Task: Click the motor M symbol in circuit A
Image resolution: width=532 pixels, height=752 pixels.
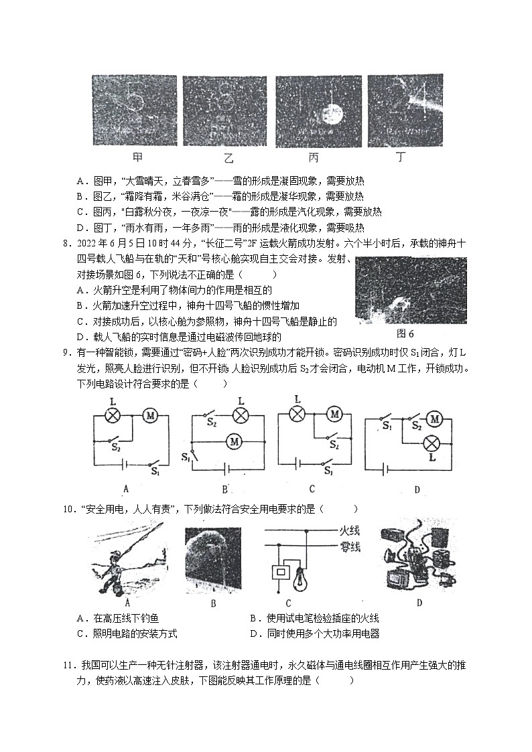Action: pos(149,416)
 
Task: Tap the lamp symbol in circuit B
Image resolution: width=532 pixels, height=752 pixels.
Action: pos(240,415)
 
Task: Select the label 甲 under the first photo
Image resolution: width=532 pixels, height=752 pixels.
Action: pos(137,158)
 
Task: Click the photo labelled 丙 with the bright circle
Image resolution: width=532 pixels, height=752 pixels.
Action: pos(318,110)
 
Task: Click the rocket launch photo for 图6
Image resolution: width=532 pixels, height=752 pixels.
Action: pos(411,291)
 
